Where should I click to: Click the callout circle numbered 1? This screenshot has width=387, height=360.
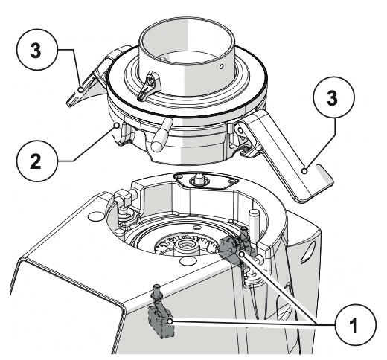click(356, 325)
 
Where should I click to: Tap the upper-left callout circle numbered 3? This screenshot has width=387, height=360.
click(37, 50)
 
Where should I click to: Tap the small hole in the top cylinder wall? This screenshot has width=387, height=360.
click(222, 66)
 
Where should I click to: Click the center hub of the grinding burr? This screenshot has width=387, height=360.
click(187, 245)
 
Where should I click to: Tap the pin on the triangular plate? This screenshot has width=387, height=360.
click(199, 179)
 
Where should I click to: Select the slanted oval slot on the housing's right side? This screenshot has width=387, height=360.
click(308, 252)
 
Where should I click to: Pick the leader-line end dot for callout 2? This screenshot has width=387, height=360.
click(117, 126)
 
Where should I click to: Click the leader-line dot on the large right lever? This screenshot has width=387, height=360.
click(305, 171)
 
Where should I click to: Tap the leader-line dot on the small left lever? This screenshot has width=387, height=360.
click(80, 90)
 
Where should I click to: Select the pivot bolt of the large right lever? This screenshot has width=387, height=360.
click(240, 129)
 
